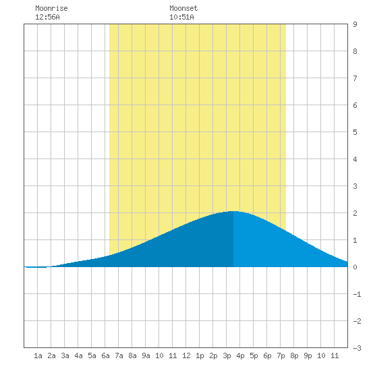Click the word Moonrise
click(51, 8)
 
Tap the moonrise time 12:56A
click(47, 17)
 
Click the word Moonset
click(183, 8)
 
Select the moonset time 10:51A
click(181, 17)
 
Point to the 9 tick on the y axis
click(355, 24)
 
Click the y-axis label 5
click(355, 132)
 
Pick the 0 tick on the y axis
click(355, 267)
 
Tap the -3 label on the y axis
click(357, 348)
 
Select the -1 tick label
click(357, 294)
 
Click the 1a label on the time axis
click(38, 355)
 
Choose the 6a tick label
click(105, 355)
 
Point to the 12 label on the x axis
click(186, 355)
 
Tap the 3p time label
click(227, 355)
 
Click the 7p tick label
click(281, 355)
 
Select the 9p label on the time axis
click(308, 355)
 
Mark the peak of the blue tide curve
click(233, 211)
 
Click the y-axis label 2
click(355, 213)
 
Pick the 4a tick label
click(78, 355)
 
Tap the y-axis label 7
click(355, 78)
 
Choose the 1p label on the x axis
click(200, 355)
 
